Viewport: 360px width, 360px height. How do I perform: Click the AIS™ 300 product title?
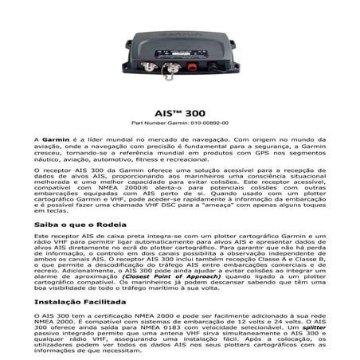pyautogui.click(x=179, y=113)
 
